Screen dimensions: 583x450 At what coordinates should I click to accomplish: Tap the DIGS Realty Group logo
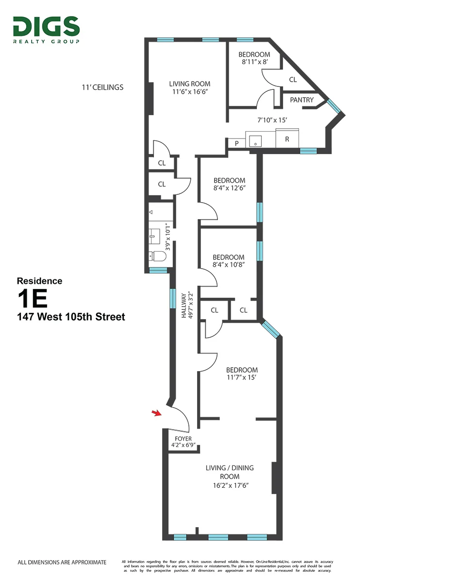click(x=47, y=29)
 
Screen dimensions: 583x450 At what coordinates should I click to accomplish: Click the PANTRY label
click(x=301, y=100)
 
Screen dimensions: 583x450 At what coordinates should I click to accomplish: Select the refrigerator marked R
click(x=287, y=138)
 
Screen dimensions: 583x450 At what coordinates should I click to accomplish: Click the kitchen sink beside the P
click(x=255, y=141)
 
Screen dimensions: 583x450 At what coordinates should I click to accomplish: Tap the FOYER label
click(x=182, y=439)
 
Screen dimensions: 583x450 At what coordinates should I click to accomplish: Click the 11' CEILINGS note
click(x=102, y=88)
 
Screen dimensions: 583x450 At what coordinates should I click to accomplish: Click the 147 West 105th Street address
click(x=71, y=317)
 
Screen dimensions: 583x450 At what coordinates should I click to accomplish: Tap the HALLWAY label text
click(x=184, y=305)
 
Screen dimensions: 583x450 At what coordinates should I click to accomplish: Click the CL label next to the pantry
click(x=293, y=80)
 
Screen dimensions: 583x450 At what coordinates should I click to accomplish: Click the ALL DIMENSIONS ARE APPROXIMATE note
click(x=62, y=562)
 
